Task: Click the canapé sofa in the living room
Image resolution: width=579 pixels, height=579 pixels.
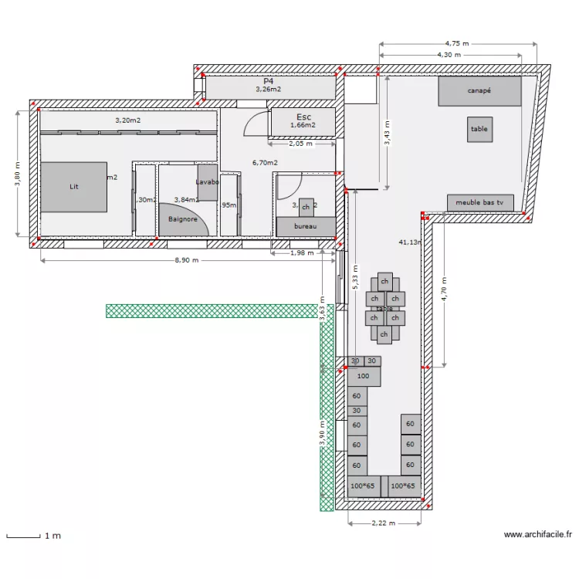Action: pos(479,91)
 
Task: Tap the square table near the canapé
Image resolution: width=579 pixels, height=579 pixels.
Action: pos(479,130)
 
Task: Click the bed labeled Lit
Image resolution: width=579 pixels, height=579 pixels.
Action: pos(74,187)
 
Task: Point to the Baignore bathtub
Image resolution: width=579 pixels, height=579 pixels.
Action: pos(182,219)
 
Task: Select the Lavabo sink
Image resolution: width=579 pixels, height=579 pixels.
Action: pos(208,183)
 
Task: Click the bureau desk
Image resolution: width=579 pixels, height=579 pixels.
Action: pos(306,226)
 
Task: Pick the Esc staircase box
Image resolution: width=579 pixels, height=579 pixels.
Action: pos(303,121)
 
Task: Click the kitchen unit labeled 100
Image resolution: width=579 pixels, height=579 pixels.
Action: pos(364,377)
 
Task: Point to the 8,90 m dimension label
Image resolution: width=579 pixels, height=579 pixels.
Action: pos(186,261)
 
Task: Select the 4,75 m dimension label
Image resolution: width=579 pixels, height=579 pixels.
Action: pos(456,43)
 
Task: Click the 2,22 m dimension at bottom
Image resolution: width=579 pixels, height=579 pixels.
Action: pos(384,523)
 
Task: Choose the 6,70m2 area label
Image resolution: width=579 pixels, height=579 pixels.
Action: pos(265,163)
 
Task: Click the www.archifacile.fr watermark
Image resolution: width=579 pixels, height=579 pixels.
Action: pos(537,533)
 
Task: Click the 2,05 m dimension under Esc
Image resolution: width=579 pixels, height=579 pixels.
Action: pos(300,144)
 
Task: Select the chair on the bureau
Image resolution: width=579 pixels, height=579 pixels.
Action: pos(306,207)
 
